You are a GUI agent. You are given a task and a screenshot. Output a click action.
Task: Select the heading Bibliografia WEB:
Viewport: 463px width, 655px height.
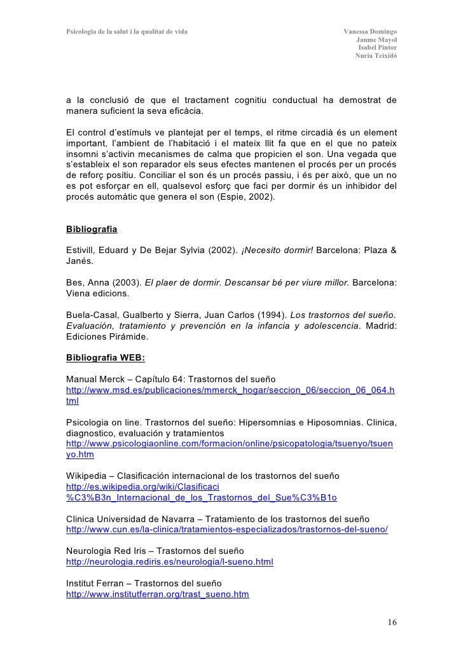(106, 357)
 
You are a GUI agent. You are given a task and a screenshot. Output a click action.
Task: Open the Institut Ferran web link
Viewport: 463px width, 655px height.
(157, 595)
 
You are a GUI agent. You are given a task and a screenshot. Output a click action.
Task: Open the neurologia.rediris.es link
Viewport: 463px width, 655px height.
(170, 562)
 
